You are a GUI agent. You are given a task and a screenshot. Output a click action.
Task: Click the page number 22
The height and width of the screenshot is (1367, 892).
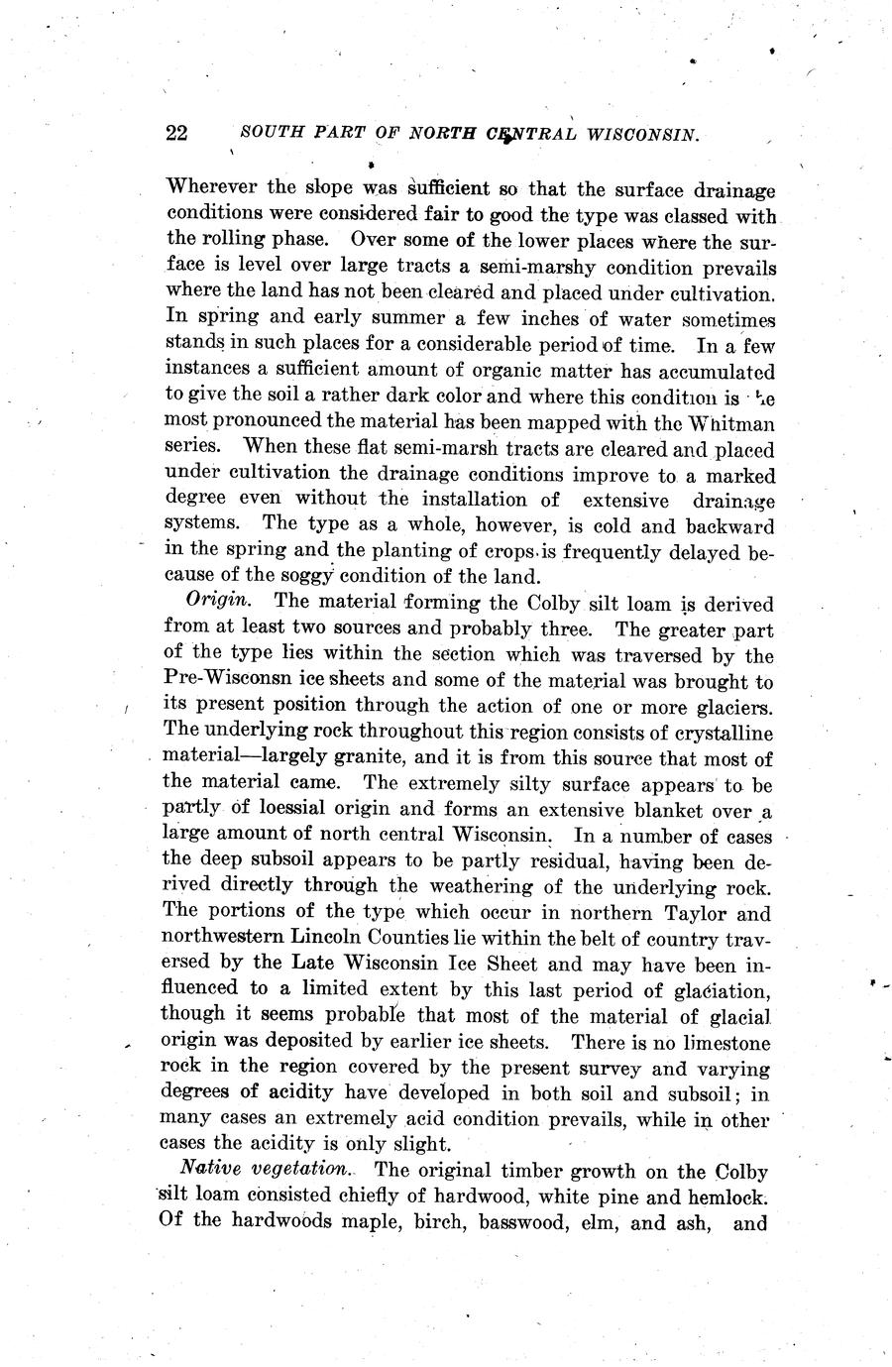tap(177, 134)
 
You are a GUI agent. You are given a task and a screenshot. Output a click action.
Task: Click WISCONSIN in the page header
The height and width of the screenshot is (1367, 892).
tap(643, 135)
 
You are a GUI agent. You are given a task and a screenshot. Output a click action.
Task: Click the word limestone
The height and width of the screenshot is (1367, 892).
tap(720, 1043)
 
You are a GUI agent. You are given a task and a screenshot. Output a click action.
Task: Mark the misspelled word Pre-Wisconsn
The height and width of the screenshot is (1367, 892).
tap(230, 682)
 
